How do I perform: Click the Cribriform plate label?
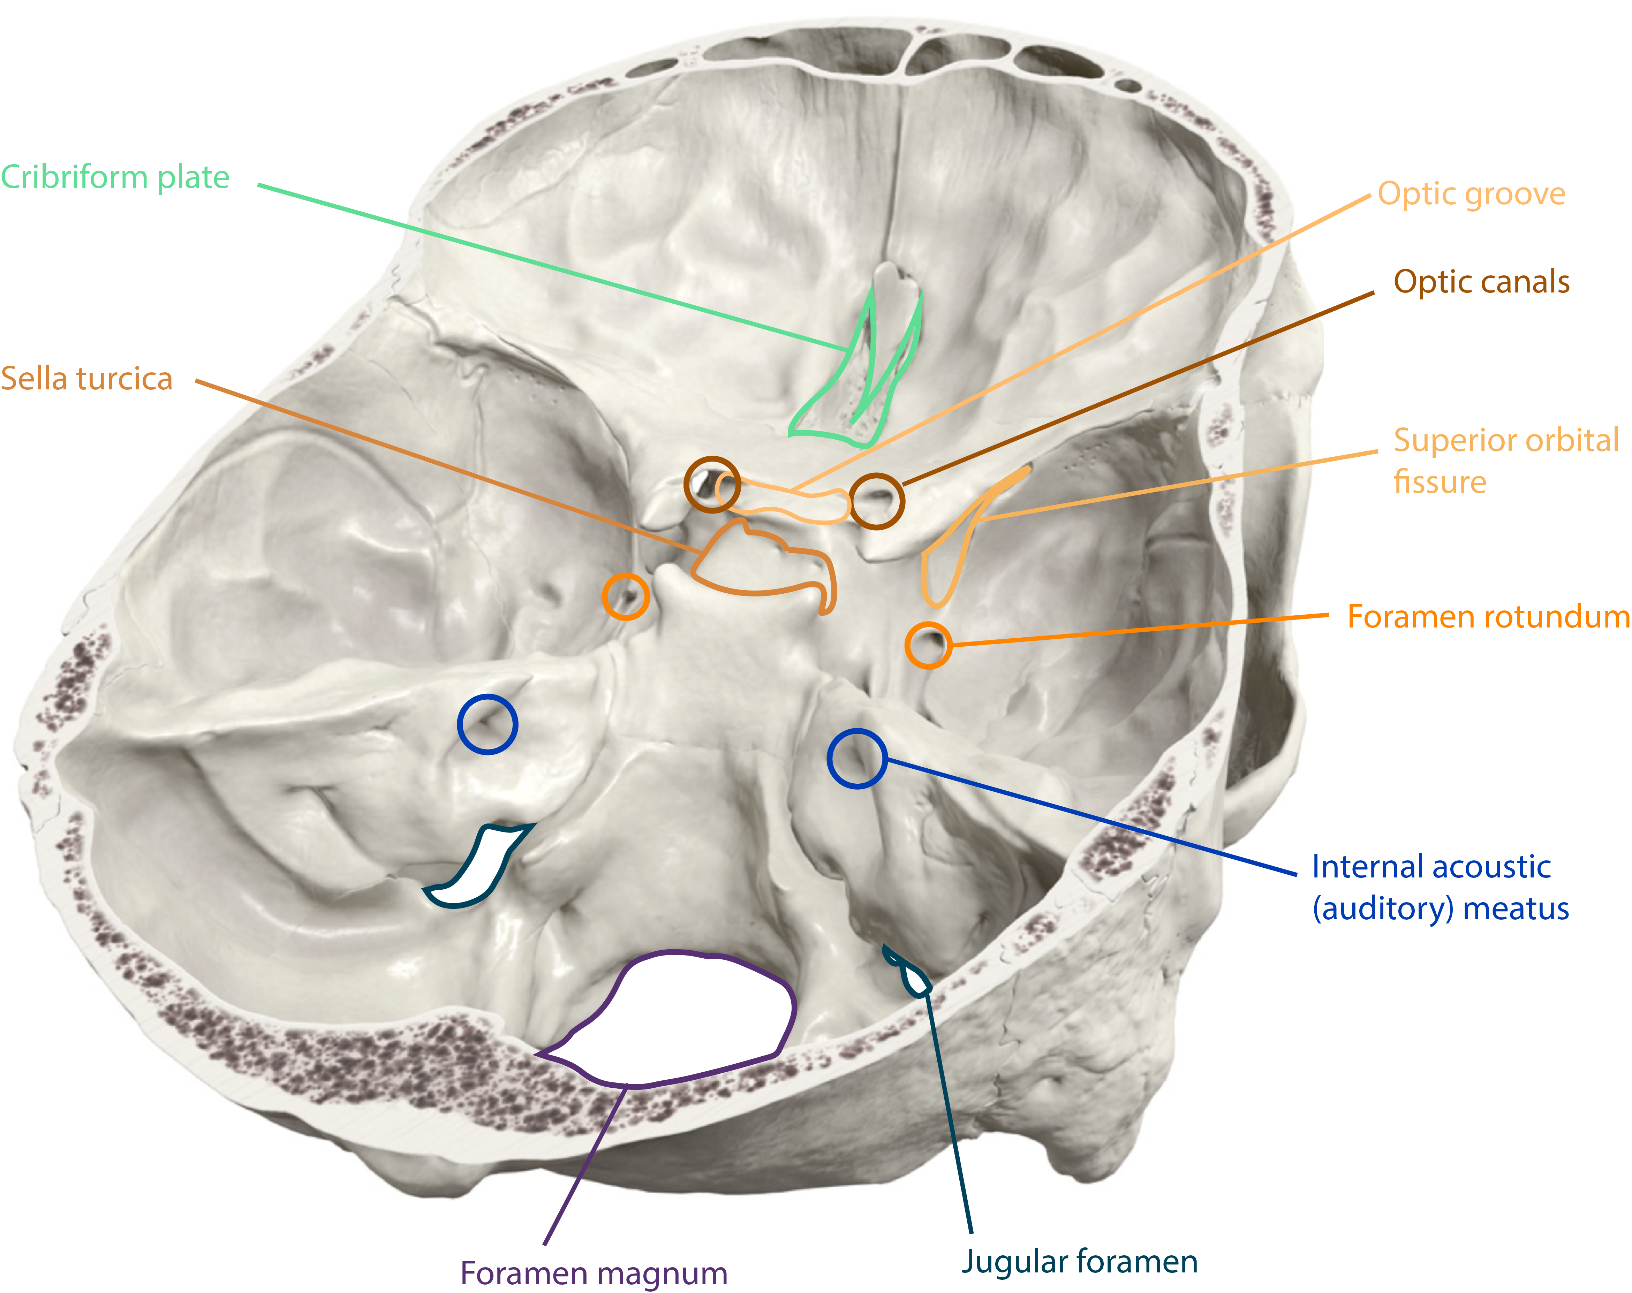pos(115,177)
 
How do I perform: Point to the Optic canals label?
pos(1481,281)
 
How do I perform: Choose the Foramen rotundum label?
pos(1487,617)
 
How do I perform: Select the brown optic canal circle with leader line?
pos(877,501)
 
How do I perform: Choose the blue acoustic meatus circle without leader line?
pos(488,724)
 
